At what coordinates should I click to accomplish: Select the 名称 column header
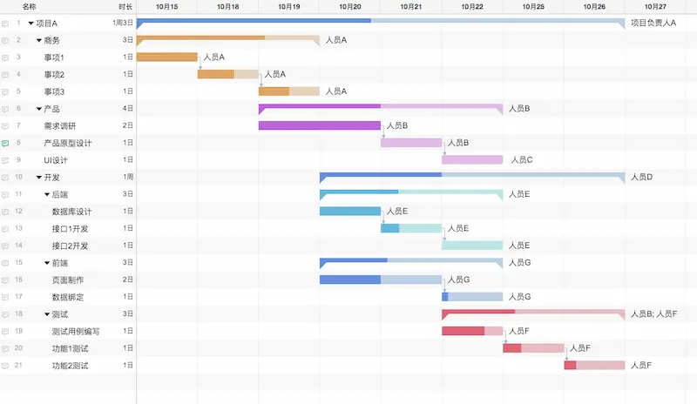click(29, 6)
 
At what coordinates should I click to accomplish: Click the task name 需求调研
click(59, 125)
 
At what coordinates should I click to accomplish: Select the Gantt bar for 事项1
click(167, 57)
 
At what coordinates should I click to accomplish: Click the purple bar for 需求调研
click(319, 125)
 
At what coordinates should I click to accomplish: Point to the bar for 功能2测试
click(594, 365)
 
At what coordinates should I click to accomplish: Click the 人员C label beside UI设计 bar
click(522, 160)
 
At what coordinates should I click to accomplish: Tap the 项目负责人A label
click(653, 23)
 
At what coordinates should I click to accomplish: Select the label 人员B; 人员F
click(653, 313)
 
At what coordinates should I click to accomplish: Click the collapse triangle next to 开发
click(39, 178)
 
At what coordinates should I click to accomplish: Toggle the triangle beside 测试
click(47, 314)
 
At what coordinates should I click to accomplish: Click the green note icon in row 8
click(6, 143)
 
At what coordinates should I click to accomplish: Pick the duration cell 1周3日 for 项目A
click(123, 23)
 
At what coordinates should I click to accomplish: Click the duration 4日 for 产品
click(128, 109)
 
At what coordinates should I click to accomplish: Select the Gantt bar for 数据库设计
click(349, 211)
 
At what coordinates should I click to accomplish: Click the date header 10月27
click(654, 6)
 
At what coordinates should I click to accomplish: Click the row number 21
click(18, 365)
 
